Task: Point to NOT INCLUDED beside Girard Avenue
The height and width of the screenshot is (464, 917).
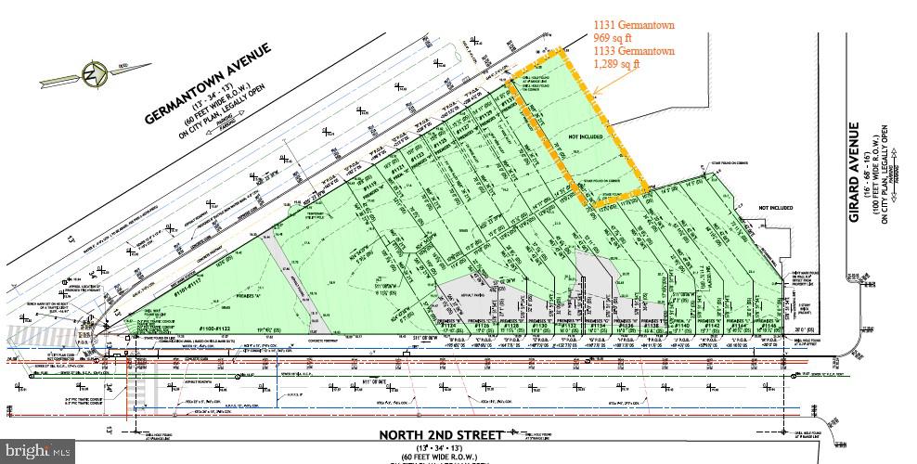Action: [775, 208]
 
